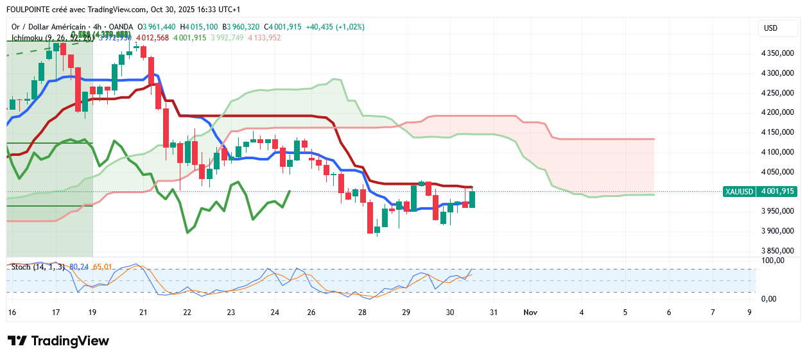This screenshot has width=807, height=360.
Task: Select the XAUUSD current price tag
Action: [x=759, y=191]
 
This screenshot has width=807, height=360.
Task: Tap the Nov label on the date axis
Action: [x=530, y=312]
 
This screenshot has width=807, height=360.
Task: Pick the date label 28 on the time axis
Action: [x=363, y=312]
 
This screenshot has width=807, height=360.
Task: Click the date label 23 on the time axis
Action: [x=231, y=312]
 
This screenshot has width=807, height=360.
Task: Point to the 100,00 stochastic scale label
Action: [x=773, y=261]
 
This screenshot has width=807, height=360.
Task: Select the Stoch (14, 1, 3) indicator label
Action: [x=38, y=266]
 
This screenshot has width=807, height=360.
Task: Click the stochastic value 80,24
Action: [x=80, y=266]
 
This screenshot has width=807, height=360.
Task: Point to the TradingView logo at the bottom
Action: [x=58, y=341]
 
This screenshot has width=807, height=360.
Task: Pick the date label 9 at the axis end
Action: [x=749, y=312]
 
